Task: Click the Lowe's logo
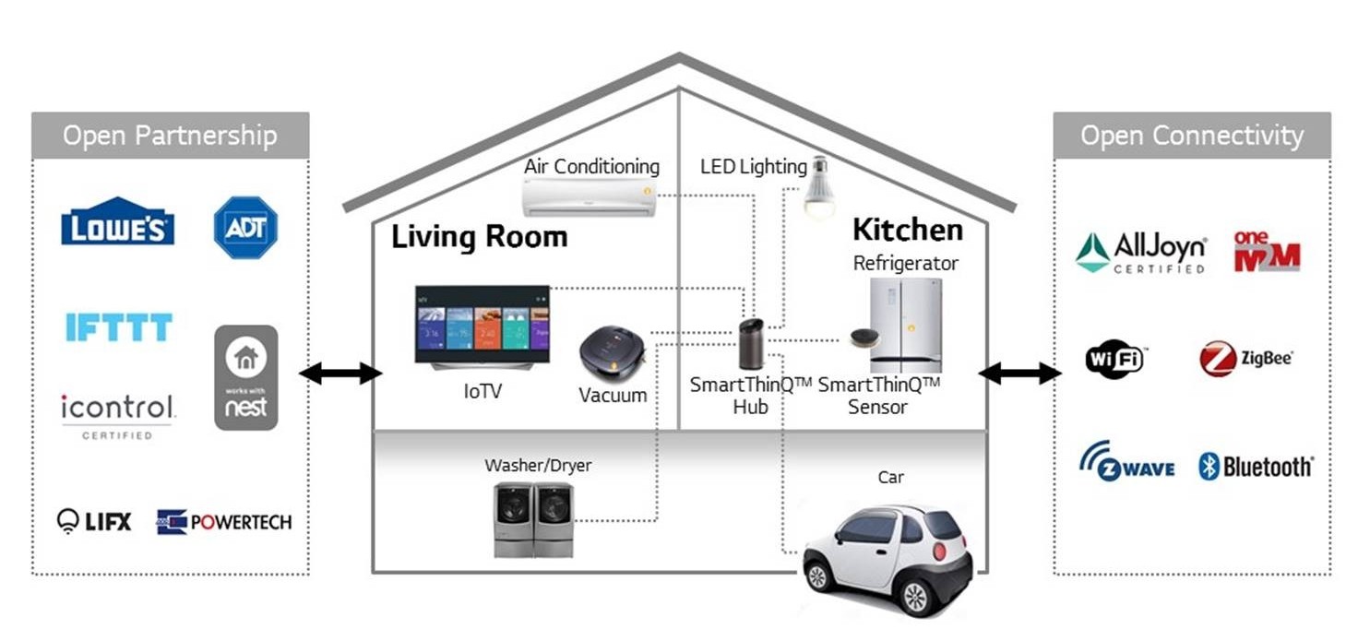[x=117, y=222]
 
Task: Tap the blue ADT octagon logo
[x=245, y=227]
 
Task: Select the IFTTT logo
[x=118, y=327]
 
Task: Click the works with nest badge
[x=245, y=377]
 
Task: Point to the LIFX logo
[x=94, y=521]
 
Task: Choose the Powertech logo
[x=224, y=522]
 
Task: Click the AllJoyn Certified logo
[x=1141, y=252]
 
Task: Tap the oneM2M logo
[x=1267, y=251]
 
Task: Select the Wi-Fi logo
[x=1114, y=359]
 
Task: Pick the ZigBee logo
[x=1245, y=359]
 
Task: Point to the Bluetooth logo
[x=1256, y=467]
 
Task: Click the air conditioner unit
[x=589, y=197]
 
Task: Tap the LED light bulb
[x=817, y=187]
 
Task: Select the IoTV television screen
[x=482, y=324]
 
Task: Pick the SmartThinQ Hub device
[x=752, y=344]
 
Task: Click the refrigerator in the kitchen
[x=906, y=325]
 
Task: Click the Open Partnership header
[x=170, y=136]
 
